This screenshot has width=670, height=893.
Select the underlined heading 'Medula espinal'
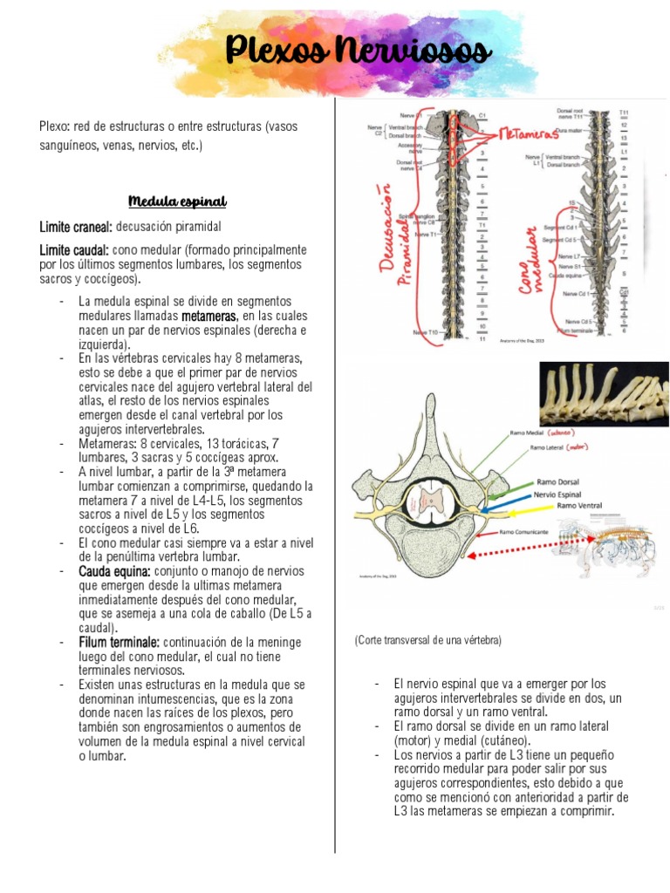click(177, 202)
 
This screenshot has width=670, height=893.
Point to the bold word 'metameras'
click(209, 315)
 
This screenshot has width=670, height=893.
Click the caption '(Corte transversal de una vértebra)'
click(427, 640)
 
